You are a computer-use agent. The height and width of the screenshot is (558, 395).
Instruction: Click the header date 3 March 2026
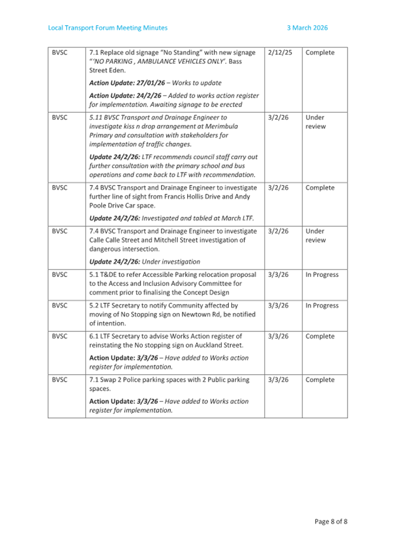(307, 28)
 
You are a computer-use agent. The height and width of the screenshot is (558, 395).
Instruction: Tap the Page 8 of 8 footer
(331, 521)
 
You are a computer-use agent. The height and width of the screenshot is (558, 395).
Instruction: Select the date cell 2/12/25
(279, 53)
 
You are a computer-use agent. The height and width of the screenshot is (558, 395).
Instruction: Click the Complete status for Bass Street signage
(320, 53)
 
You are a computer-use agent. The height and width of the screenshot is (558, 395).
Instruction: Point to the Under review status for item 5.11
(316, 122)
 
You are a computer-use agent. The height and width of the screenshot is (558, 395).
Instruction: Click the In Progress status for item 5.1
(322, 275)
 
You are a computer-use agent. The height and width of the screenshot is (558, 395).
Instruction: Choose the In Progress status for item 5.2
(322, 306)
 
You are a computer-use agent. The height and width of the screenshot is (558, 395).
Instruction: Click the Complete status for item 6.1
(320, 337)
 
